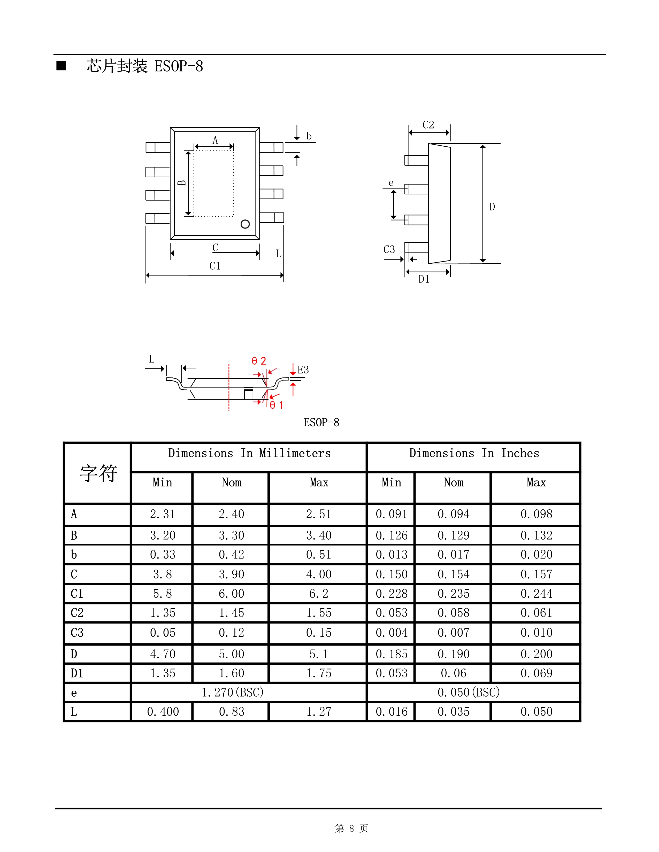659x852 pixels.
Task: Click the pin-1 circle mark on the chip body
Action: pos(245,224)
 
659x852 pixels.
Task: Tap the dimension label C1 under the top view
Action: pos(215,266)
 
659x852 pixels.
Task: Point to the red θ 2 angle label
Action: pos(258,361)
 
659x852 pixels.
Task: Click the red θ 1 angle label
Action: pos(277,405)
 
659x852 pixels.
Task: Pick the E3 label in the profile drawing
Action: pos(303,370)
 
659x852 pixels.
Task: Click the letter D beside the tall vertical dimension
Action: pos(492,207)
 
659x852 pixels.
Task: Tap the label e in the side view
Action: pos(391,183)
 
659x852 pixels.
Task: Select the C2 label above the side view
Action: pos(428,125)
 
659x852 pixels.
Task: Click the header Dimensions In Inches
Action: pos(474,453)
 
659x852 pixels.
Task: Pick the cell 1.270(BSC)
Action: pos(233,692)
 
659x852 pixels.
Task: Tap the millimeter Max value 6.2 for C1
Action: pos(319,594)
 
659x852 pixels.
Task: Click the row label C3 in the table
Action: pos(77,633)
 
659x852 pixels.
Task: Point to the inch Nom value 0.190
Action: pos(453,654)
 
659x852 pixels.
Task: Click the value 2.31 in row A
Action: pos(162,514)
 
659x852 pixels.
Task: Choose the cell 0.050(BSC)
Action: pos(469,692)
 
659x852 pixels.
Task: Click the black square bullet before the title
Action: pos(61,66)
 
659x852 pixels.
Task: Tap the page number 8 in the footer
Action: pos(351,828)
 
